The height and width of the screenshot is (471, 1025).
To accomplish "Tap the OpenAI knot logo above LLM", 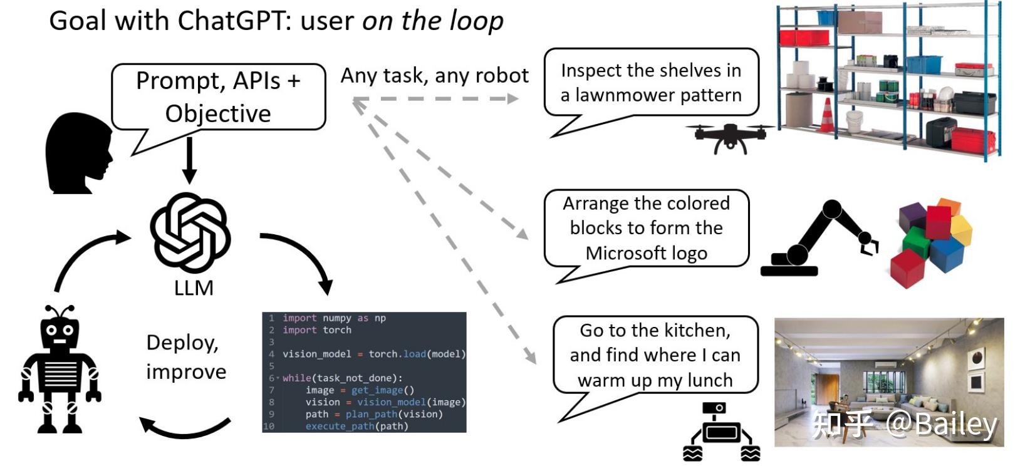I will point(190,232).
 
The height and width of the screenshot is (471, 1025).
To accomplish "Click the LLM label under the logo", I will point(194,287).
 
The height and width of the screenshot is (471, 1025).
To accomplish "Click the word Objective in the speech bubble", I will point(218,113).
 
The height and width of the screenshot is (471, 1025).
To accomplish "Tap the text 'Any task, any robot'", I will point(434,75).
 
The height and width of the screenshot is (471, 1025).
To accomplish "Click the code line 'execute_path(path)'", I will point(356,426).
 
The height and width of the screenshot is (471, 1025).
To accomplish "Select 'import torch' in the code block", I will point(317,330).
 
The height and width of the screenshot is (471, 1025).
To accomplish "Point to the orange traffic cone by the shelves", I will point(827,115).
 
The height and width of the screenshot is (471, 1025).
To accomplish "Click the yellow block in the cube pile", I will point(961,229).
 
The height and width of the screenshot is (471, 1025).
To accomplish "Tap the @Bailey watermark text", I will point(940,424).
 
